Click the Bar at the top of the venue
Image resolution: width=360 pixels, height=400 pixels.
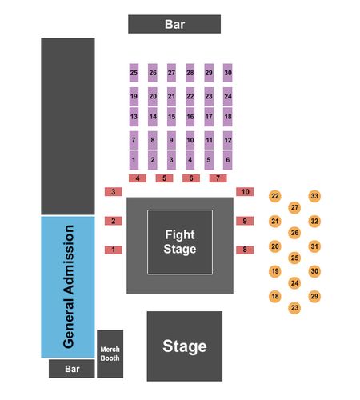(x=174, y=24)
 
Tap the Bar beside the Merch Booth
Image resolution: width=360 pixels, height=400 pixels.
(x=72, y=369)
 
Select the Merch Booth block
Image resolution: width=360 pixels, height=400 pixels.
(x=110, y=354)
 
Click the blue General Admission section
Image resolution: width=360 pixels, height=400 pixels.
(x=68, y=286)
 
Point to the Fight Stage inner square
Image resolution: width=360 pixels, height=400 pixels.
(x=180, y=242)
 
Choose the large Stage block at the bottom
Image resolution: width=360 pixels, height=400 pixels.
(x=185, y=346)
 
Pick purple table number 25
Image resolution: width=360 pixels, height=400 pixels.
(x=134, y=73)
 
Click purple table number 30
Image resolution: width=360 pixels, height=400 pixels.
(x=228, y=73)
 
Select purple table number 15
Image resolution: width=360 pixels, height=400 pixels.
(x=171, y=117)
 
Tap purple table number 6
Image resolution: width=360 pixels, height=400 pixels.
(x=228, y=160)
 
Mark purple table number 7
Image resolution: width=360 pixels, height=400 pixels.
(x=134, y=140)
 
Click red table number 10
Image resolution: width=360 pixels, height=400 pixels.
(x=245, y=191)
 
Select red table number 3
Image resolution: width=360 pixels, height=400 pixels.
(x=114, y=191)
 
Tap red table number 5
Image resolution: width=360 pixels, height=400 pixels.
(x=164, y=178)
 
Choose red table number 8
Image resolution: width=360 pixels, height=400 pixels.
(x=245, y=250)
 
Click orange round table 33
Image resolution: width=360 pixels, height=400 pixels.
(x=314, y=196)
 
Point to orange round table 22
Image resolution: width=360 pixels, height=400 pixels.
(x=275, y=196)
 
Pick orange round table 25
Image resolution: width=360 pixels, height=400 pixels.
(x=294, y=258)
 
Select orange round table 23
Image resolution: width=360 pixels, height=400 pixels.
(x=294, y=308)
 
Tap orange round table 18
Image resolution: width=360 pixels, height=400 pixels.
(x=275, y=296)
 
